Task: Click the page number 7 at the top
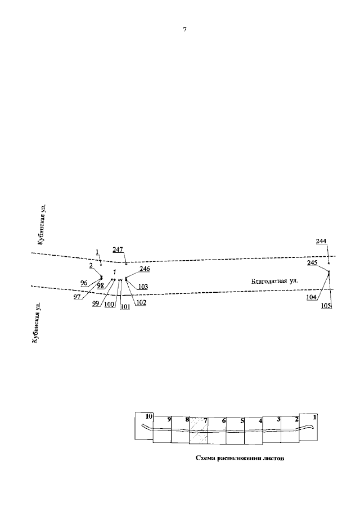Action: pyautogui.click(x=184, y=30)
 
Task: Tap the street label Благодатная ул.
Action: pyautogui.click(x=274, y=281)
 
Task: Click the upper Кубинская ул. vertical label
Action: pyautogui.click(x=40, y=225)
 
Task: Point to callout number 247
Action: pyautogui.click(x=118, y=250)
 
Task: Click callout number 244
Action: pyautogui.click(x=321, y=242)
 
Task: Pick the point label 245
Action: pyautogui.click(x=312, y=263)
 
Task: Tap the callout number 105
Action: pyautogui.click(x=327, y=306)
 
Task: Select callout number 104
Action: pyautogui.click(x=311, y=297)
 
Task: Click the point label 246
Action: pyautogui.click(x=145, y=269)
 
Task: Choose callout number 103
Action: pyautogui.click(x=143, y=287)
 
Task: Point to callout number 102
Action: pyautogui.click(x=141, y=303)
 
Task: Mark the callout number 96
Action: pyautogui.click(x=84, y=283)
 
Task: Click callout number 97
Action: pyautogui.click(x=77, y=297)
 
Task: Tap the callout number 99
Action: pyautogui.click(x=96, y=303)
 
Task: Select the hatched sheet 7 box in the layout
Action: pyautogui.click(x=199, y=430)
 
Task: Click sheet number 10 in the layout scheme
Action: pyautogui.click(x=149, y=416)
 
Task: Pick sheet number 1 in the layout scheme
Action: pyautogui.click(x=314, y=418)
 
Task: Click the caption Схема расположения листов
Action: pyautogui.click(x=240, y=459)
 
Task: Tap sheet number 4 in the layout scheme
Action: pyautogui.click(x=260, y=421)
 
